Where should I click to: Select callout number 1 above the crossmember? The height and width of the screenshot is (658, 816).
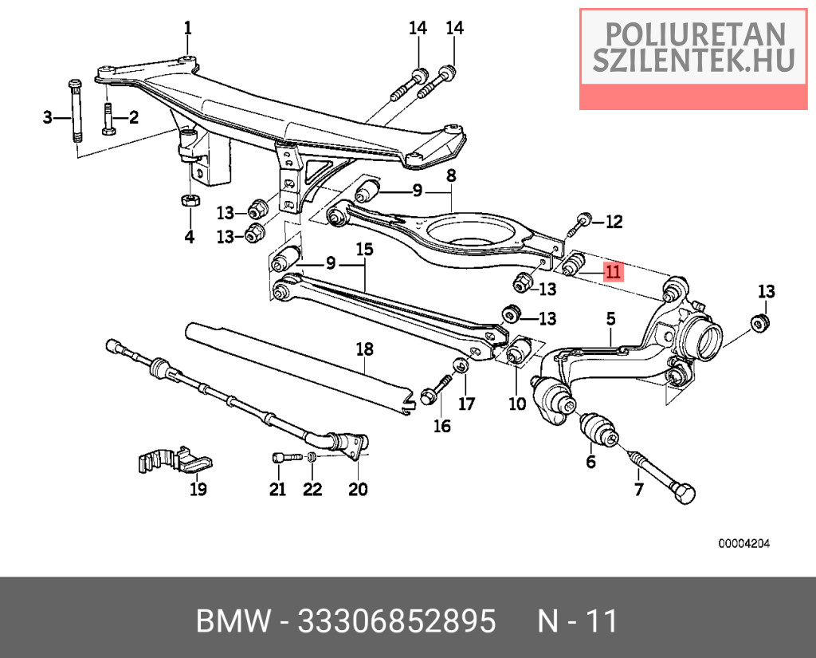pos(188,29)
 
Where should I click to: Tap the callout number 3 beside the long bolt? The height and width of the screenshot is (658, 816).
pos(47,118)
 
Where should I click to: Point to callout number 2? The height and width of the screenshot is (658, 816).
pos(133,118)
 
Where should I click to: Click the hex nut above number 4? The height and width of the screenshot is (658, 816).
pos(190,200)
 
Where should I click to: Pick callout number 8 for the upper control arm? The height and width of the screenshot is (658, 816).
pos(450,175)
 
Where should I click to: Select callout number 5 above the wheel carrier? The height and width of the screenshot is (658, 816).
pos(611,319)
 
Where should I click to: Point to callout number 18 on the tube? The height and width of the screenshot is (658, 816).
pos(364,349)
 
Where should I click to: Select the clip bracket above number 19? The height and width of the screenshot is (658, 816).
pos(172,462)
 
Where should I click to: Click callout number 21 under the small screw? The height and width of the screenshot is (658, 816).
pos(277,489)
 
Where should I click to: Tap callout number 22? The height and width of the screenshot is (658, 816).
pos(312,489)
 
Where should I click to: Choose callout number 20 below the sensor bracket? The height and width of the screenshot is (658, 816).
pos(358,489)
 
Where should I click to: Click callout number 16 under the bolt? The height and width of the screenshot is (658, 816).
pos(441,427)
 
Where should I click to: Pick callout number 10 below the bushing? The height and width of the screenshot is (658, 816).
pos(517,404)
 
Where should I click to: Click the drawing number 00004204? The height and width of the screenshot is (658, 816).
pos(745,544)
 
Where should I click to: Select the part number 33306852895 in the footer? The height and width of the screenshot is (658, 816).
pos(396,621)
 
